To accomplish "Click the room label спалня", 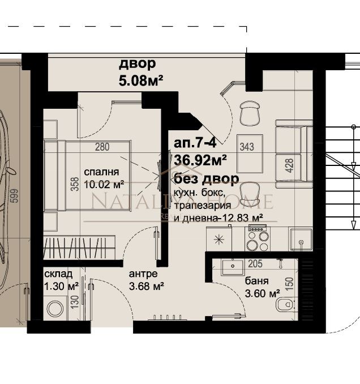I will tap(101, 172).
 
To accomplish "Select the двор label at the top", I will tap(136, 63).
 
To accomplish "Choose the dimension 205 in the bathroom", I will tap(256, 264).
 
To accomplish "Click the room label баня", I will tap(257, 281).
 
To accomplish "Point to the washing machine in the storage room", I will tap(55, 309).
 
